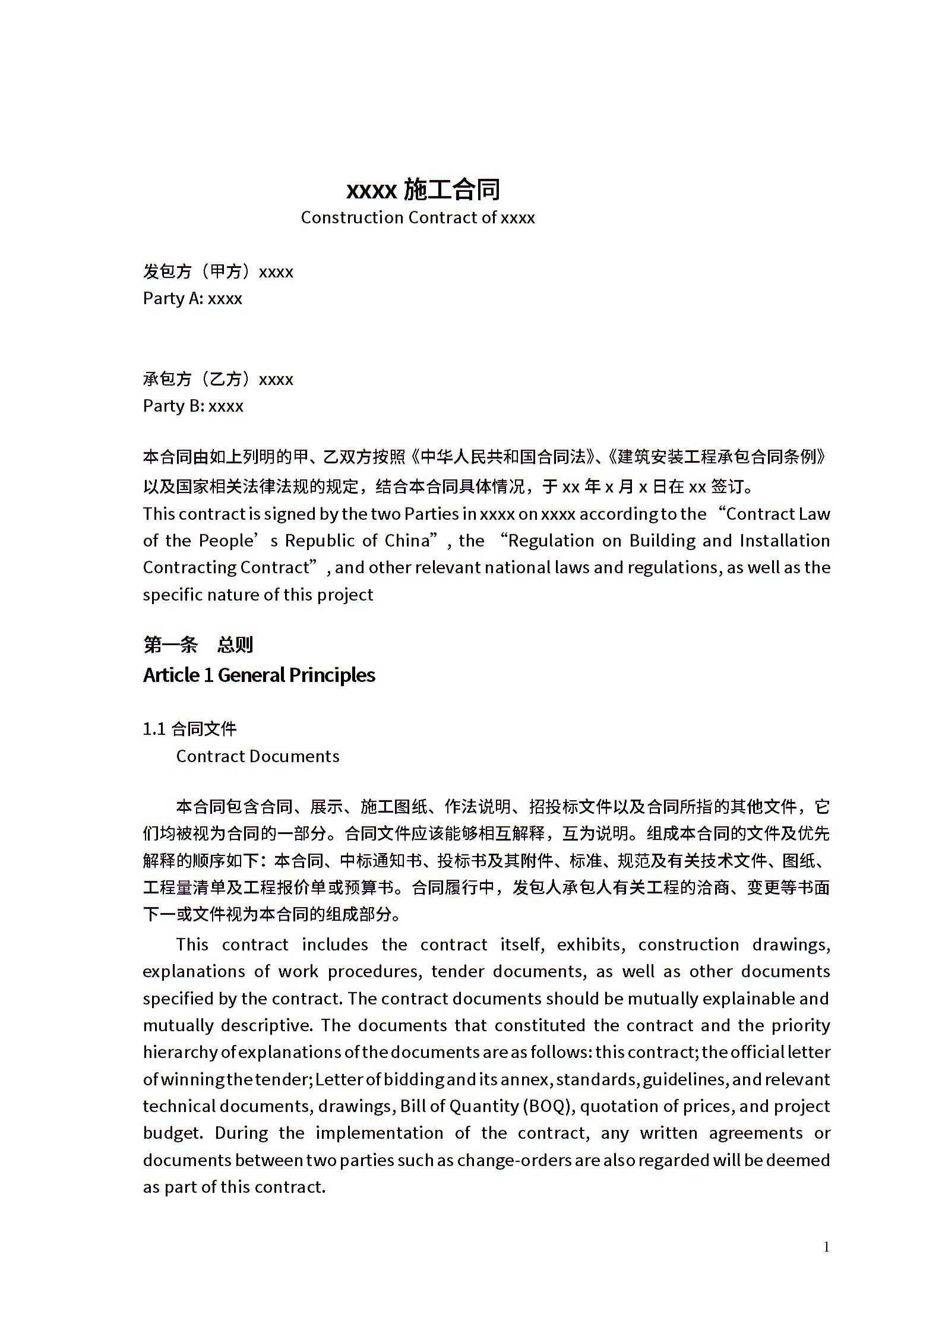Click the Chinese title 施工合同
pyautogui.click(x=452, y=189)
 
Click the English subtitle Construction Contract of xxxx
pyautogui.click(x=418, y=217)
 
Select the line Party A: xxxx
pyautogui.click(x=192, y=298)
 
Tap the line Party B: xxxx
pyautogui.click(x=193, y=406)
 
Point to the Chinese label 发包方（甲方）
pyautogui.click(x=200, y=271)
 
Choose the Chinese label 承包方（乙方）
pyautogui.click(x=200, y=379)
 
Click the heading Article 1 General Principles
pyautogui.click(x=259, y=675)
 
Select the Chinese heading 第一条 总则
pyautogui.click(x=198, y=645)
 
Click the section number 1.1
pyautogui.click(x=154, y=729)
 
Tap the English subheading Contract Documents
pyautogui.click(x=258, y=756)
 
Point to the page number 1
pyautogui.click(x=826, y=1246)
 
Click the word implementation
pyautogui.click(x=380, y=1133)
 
